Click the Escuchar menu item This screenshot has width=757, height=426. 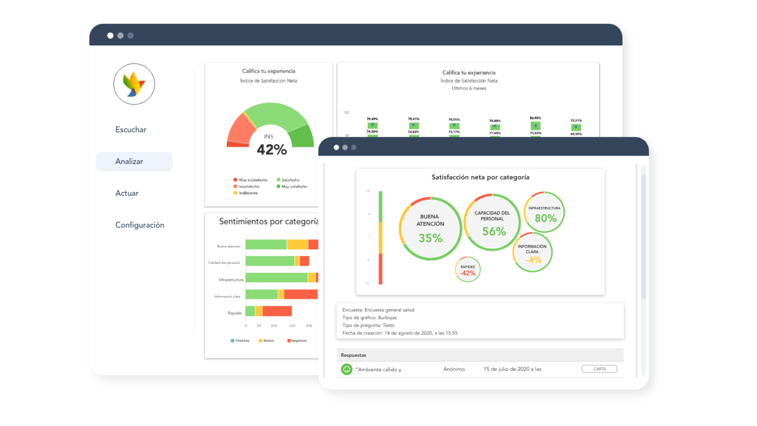coord(131,130)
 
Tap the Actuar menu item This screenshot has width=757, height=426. coord(127,193)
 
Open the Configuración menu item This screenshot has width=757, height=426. coord(140,225)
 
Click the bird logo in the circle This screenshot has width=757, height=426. coord(134,84)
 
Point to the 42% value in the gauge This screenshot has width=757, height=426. coord(272,150)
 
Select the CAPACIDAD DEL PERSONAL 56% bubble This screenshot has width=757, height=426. coord(492,222)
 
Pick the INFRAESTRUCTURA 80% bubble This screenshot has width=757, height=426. coord(544,213)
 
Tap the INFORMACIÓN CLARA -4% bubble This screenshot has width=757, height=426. coord(532,253)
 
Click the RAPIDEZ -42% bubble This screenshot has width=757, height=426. coord(468,270)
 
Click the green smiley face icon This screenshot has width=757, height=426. coord(347,370)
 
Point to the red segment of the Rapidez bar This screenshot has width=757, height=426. coord(277,311)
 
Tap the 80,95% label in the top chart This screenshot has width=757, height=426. coord(535,118)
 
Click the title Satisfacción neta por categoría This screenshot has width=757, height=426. coord(480,177)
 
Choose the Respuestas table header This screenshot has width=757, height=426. coord(353,355)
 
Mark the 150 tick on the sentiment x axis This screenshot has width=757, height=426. coord(292,326)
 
